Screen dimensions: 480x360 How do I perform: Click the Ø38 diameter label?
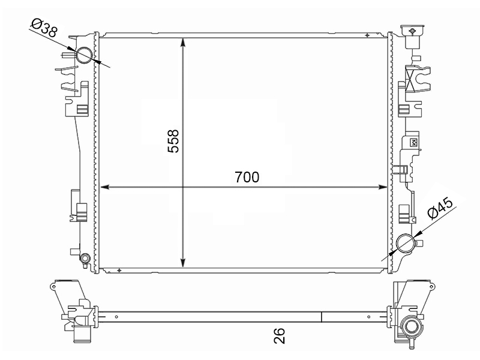click(44, 27)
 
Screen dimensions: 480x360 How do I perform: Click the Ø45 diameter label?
click(440, 208)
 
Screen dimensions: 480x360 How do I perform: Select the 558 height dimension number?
click(173, 141)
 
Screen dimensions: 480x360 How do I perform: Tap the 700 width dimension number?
click(247, 177)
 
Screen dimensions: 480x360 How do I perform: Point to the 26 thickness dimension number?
click(279, 336)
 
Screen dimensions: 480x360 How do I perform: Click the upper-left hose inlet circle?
click(84, 55)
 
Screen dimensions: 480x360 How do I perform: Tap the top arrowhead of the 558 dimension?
click(183, 42)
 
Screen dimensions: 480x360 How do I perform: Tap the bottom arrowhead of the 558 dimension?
click(183, 263)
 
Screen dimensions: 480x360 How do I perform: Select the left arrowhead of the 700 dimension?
click(105, 187)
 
